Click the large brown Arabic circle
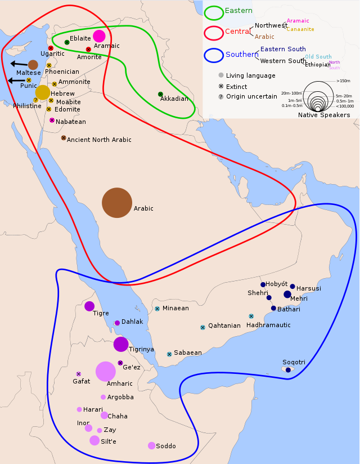click(117, 203)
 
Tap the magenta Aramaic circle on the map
click(99, 36)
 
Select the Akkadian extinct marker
click(160, 94)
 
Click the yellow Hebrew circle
click(43, 92)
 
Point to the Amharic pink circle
click(105, 371)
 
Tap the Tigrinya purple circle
click(121, 344)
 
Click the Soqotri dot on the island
click(288, 370)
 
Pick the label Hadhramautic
click(268, 325)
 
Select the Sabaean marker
click(169, 354)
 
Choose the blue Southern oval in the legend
click(214, 55)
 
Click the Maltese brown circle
click(33, 65)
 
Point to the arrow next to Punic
click(15, 81)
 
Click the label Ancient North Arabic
click(99, 140)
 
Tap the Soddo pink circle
click(151, 445)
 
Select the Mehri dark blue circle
click(287, 294)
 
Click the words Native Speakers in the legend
click(324, 115)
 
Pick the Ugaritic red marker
click(51, 48)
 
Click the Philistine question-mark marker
click(35, 100)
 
